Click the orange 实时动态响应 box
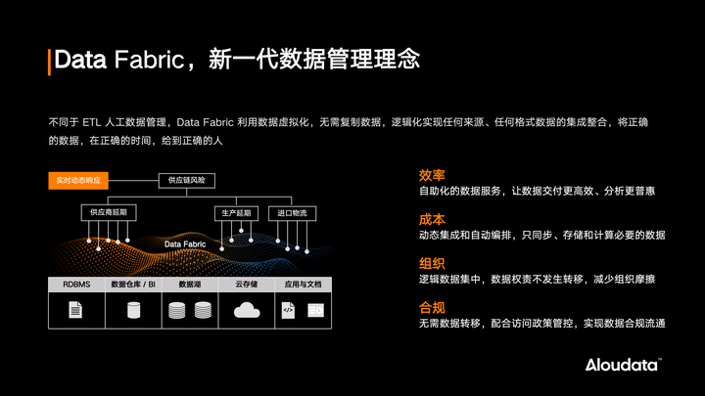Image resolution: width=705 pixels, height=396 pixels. [77, 181]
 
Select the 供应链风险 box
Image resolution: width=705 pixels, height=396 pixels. [187, 181]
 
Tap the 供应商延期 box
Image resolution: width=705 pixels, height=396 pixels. [108, 212]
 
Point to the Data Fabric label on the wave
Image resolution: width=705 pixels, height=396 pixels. [184, 244]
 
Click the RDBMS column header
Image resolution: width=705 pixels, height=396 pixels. [76, 285]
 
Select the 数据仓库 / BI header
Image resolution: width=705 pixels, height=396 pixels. [133, 285]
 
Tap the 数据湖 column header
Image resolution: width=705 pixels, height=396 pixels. [189, 285]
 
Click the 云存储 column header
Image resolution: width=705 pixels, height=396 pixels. [246, 285]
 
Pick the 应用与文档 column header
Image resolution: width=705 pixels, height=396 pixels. [303, 285]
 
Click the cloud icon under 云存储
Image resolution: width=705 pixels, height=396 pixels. [246, 311]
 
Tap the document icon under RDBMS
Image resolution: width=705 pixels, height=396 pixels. [76, 311]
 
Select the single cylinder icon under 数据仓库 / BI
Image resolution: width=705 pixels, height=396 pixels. [133, 311]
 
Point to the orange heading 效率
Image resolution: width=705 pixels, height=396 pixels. [432, 175]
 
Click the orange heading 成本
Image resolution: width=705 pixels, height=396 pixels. [432, 220]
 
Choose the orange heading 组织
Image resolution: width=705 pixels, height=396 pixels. [432, 264]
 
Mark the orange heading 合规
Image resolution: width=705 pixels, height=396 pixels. [432, 308]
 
